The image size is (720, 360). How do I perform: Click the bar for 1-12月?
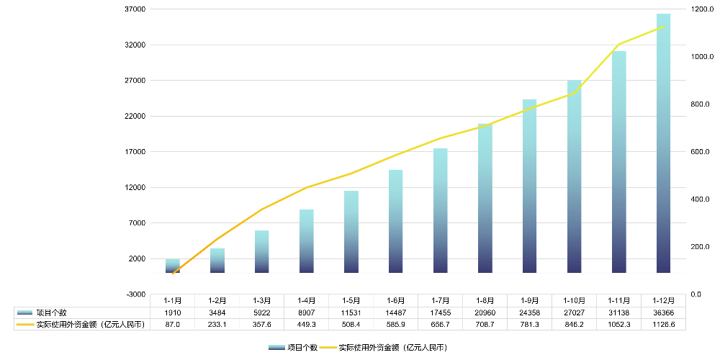pyautogui.click(x=663, y=144)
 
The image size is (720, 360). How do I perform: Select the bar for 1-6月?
pyautogui.click(x=395, y=222)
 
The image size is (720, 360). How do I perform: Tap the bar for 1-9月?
pyautogui.click(x=529, y=186)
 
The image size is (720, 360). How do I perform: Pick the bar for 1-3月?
pyautogui.click(x=261, y=252)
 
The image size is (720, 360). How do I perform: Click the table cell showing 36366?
pyautogui.click(x=663, y=312)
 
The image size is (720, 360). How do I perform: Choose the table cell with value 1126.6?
pyautogui.click(x=663, y=325)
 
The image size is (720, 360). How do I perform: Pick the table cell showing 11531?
pyautogui.click(x=351, y=312)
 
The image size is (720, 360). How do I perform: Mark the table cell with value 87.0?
pyautogui.click(x=172, y=325)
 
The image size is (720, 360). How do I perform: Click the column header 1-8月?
pyautogui.click(x=485, y=300)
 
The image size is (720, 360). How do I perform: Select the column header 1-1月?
pyautogui.click(x=172, y=300)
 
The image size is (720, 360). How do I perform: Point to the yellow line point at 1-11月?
pyautogui.click(x=618, y=45)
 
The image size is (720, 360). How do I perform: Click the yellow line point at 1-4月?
pyautogui.click(x=306, y=188)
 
